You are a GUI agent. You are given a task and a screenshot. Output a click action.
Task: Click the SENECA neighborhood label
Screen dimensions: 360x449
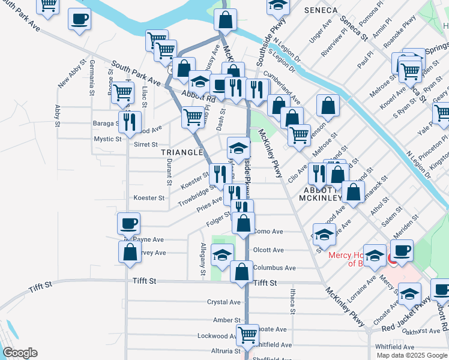321,10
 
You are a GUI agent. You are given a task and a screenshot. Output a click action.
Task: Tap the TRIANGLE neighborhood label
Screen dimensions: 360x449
182,152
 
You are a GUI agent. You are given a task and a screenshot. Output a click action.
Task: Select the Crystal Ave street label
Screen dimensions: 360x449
223,302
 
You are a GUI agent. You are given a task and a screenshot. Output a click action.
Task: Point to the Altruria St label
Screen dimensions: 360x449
222,350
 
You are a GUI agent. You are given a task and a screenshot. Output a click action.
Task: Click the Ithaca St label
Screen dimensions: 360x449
292,301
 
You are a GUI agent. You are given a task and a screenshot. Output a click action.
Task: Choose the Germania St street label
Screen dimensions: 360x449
92,77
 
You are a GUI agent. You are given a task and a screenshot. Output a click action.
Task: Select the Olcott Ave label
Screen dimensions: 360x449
268,250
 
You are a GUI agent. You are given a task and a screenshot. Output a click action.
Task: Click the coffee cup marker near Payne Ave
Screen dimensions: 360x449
129,224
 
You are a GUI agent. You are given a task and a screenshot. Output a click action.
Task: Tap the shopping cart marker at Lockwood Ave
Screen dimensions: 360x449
247,334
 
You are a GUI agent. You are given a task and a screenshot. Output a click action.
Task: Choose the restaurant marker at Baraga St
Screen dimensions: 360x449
130,122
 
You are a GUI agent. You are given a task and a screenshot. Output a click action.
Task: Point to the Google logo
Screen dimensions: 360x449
20,353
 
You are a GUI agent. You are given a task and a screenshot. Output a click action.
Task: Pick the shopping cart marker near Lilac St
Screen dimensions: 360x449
122,92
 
